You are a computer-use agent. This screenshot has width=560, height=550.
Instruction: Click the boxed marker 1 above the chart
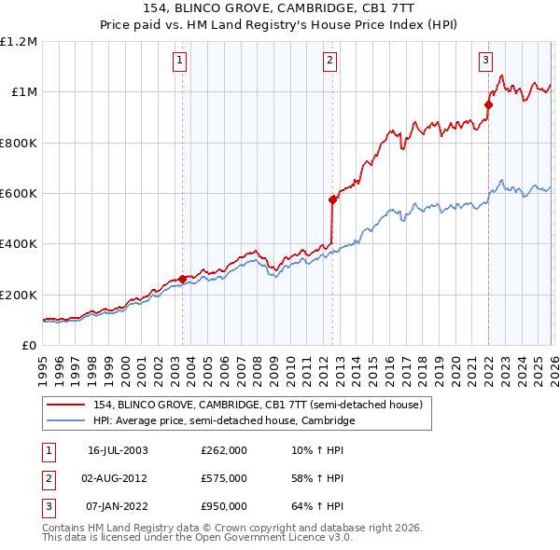click(180, 62)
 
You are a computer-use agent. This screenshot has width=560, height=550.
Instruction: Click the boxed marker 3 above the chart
click(486, 62)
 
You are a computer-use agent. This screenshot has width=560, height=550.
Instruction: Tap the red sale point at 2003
click(182, 278)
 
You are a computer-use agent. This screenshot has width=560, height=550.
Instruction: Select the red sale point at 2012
click(332, 199)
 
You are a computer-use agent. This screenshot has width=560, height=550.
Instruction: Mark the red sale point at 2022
click(487, 104)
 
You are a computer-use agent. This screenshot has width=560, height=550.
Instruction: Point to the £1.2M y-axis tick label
click(20, 41)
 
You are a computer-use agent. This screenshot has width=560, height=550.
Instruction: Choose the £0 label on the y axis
click(29, 346)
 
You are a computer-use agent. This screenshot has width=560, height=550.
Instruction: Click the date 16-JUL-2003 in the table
click(118, 451)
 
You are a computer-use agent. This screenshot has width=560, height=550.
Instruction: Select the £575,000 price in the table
click(224, 478)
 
